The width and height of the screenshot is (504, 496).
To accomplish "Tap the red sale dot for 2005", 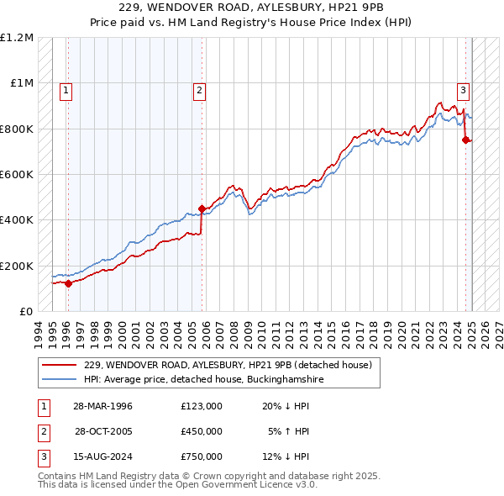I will point(202,208).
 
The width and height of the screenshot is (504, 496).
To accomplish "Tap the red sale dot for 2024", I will point(465,140).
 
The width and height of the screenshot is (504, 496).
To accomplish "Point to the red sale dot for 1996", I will point(68,283).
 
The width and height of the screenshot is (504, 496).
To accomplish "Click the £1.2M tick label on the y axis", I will point(17,38).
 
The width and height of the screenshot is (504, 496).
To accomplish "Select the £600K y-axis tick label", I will point(17,175).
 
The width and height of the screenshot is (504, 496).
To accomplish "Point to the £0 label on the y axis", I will point(25,312).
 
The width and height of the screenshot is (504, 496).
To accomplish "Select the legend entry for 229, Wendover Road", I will point(233,365).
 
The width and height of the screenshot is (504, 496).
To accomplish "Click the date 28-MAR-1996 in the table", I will point(103,406).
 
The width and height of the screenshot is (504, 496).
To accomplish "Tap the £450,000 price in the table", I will point(202,431).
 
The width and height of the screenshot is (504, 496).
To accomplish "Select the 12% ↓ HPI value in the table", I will point(286,456).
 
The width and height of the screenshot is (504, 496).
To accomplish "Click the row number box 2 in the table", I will point(42,431).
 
